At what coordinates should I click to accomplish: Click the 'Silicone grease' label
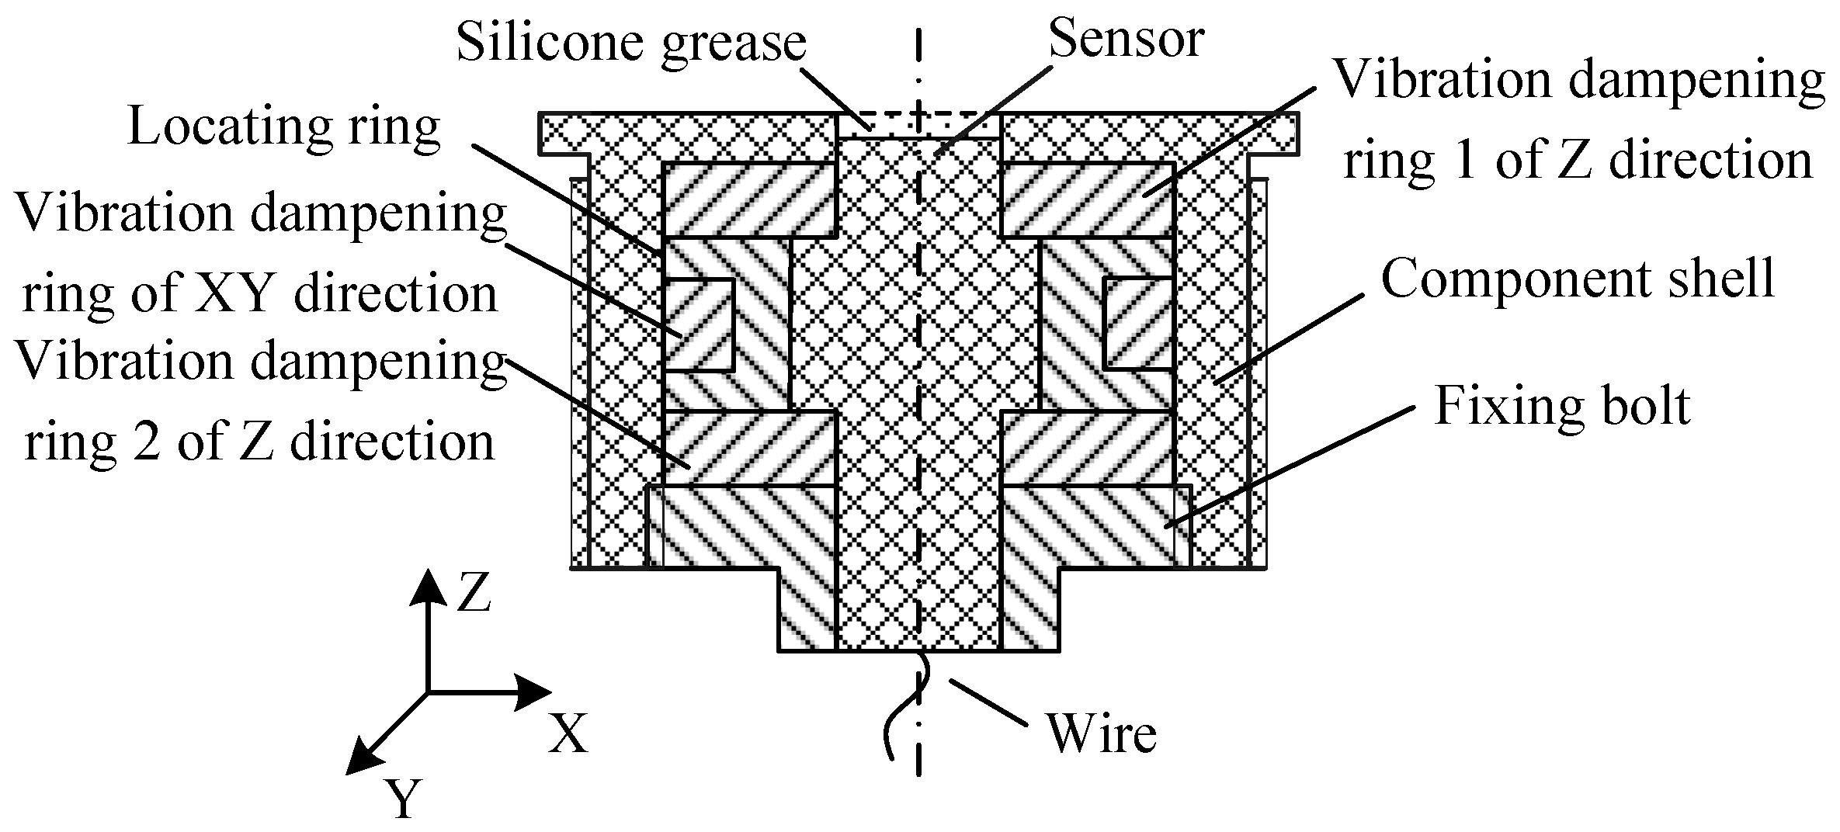point(630,42)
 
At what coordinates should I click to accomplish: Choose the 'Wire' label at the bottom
point(1102,733)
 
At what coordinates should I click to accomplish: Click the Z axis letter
point(473,594)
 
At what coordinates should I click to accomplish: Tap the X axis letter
point(568,733)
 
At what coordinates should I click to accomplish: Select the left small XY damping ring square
point(699,324)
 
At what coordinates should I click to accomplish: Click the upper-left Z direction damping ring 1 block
point(748,199)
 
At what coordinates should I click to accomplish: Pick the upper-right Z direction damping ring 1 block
point(1088,199)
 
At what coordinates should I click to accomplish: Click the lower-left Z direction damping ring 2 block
point(748,449)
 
